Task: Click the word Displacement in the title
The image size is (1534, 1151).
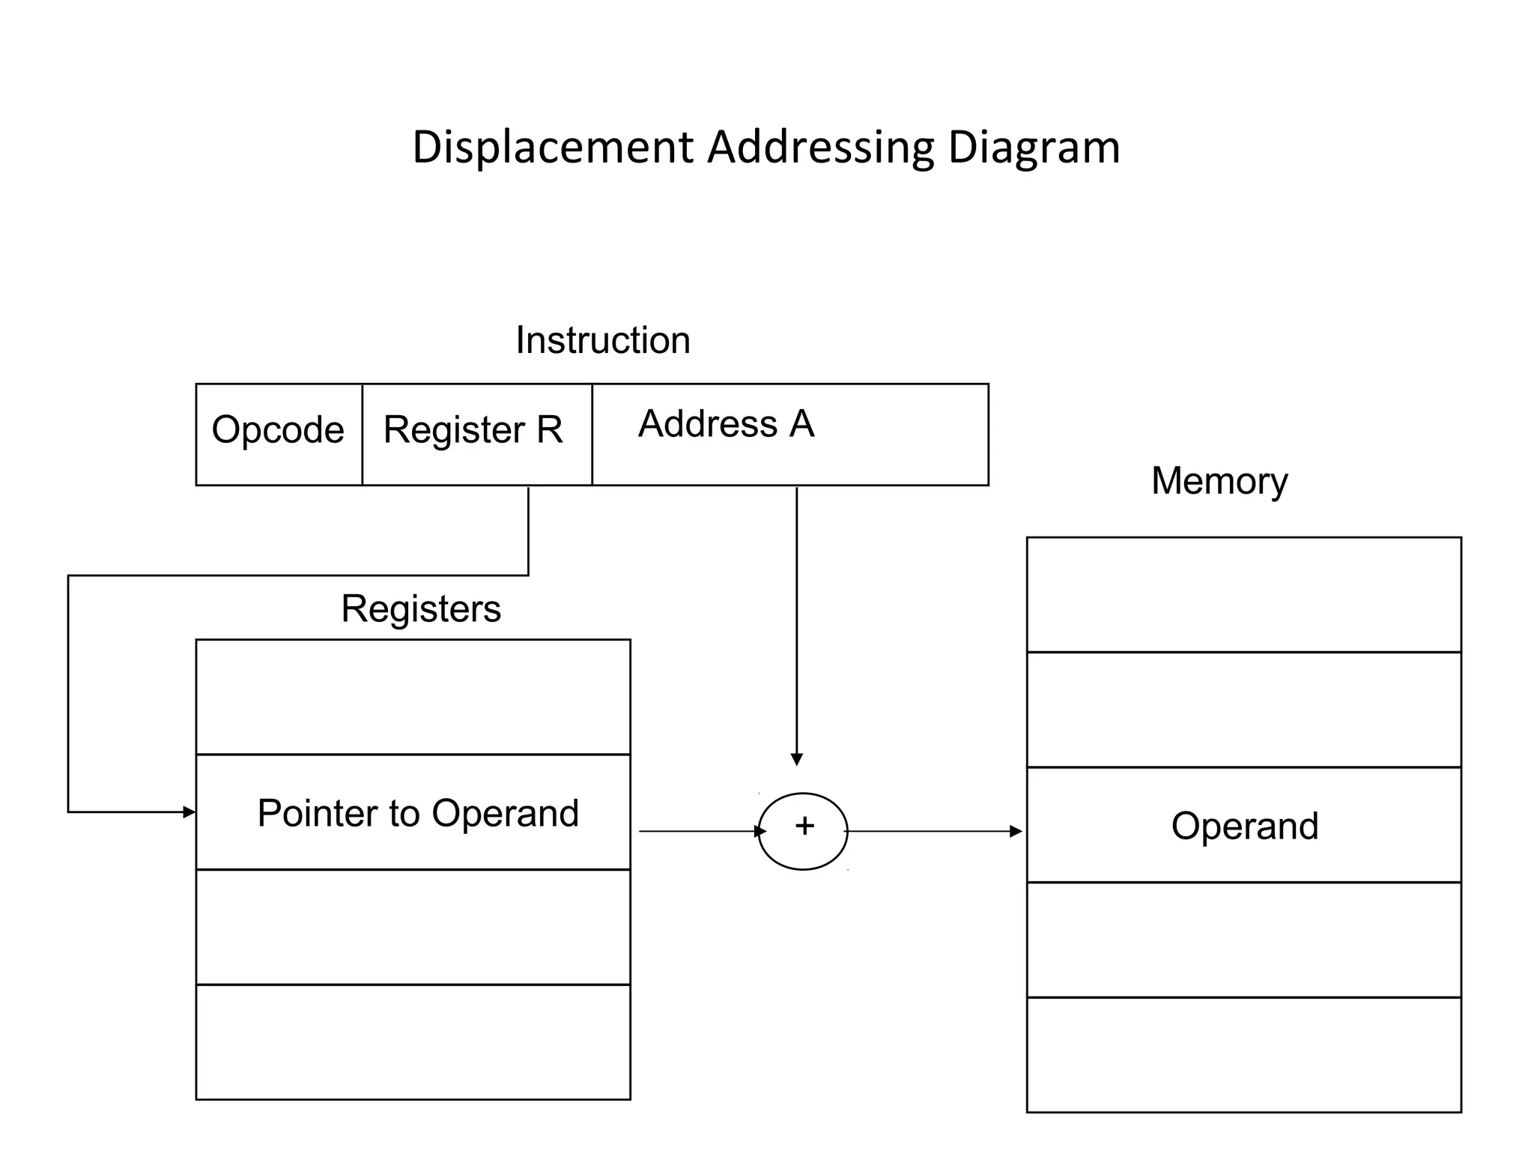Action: click(552, 147)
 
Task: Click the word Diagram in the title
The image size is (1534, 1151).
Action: click(1034, 147)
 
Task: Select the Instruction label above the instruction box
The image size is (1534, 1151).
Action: click(603, 340)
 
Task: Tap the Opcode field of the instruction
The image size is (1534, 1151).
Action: click(278, 430)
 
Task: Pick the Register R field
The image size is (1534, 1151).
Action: click(473, 430)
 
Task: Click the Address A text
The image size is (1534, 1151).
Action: click(726, 424)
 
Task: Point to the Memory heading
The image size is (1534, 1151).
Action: click(1219, 480)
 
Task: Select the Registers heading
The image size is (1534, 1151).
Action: click(421, 608)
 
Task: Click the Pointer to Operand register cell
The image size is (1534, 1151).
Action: click(418, 813)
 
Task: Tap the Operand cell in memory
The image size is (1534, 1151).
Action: click(1244, 826)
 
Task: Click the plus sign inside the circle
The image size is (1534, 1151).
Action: click(804, 826)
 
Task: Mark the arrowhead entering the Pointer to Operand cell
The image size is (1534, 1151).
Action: click(189, 812)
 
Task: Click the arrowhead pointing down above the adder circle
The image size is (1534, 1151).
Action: click(797, 759)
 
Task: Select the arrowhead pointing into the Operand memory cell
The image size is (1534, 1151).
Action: click(1016, 831)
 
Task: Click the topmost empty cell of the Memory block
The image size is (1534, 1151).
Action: click(1243, 594)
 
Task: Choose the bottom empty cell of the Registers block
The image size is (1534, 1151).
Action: click(413, 1042)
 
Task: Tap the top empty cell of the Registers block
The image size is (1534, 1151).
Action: click(413, 697)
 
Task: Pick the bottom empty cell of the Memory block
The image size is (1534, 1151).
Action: click(1243, 1054)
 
